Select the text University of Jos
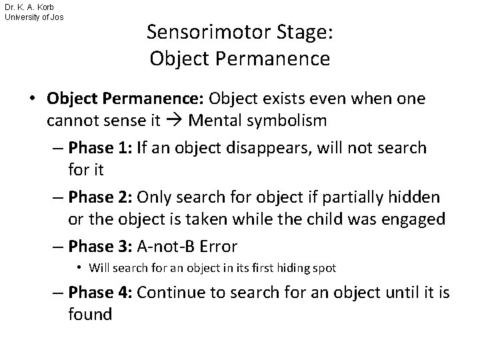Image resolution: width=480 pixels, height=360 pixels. tap(34, 17)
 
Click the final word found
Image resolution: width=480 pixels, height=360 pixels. tap(90, 314)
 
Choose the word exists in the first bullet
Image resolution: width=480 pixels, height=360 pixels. tap(279, 98)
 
